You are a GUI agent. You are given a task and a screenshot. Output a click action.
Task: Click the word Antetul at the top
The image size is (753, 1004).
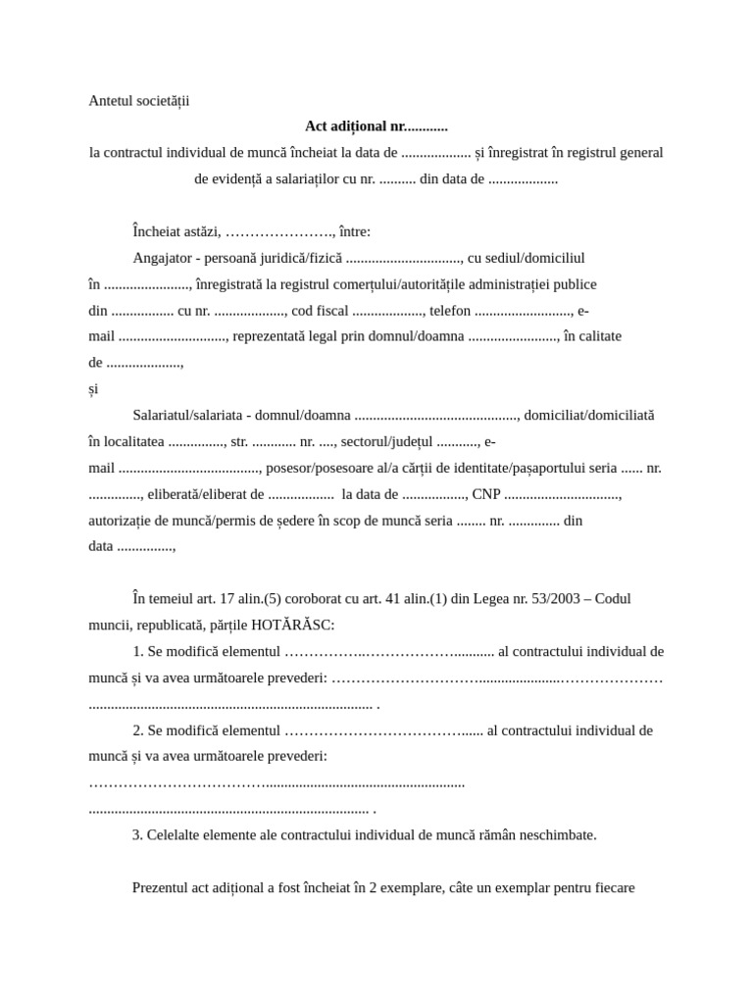(x=111, y=100)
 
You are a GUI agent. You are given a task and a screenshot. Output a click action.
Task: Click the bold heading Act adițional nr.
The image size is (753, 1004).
(x=376, y=126)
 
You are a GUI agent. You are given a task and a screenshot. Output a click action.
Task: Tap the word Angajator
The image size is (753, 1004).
(x=162, y=258)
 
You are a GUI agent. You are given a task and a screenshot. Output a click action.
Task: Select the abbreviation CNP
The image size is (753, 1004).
(x=486, y=494)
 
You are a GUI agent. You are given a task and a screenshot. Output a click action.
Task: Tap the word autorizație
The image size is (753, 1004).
(x=123, y=521)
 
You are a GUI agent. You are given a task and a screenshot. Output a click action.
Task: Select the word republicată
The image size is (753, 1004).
(x=174, y=625)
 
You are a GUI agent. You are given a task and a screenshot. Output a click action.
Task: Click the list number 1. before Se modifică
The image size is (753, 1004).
(x=138, y=651)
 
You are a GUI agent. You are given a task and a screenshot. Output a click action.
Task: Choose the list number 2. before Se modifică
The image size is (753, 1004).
(x=138, y=730)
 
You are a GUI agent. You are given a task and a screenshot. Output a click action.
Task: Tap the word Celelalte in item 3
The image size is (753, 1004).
(x=174, y=835)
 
